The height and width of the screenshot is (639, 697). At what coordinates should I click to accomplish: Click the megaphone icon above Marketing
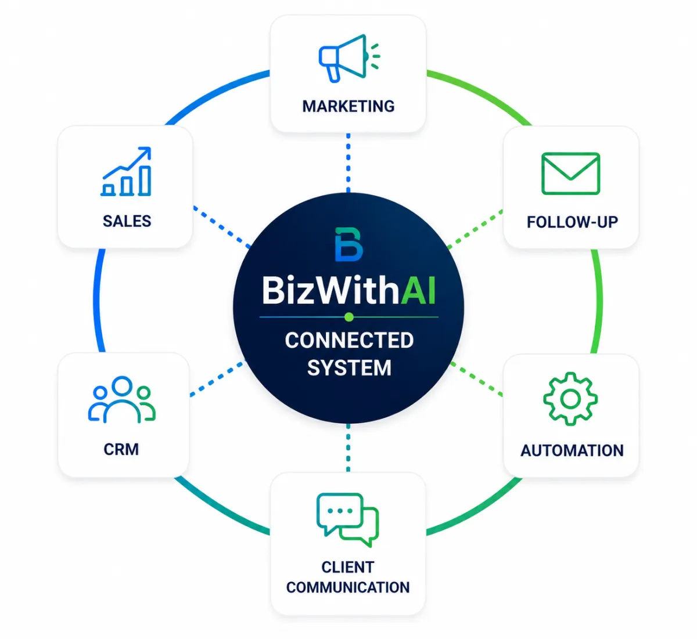[x=348, y=58]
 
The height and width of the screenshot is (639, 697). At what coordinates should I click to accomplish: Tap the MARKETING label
[x=348, y=106]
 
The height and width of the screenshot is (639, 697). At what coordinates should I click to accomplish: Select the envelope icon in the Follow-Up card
[x=570, y=174]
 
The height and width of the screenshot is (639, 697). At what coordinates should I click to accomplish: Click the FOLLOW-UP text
[x=572, y=222]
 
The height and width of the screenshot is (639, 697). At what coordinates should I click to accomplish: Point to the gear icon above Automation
[x=570, y=399]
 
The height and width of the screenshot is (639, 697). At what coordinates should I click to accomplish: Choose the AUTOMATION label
[x=572, y=450]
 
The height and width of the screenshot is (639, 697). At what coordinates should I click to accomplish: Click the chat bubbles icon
[x=347, y=520]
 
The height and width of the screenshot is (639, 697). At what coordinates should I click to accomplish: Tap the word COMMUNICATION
[x=348, y=587]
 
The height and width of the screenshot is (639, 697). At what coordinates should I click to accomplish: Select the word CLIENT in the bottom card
[x=347, y=567]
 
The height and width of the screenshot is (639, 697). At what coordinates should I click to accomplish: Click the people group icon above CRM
[x=121, y=399]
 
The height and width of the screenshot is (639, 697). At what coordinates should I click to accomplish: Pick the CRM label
[x=121, y=449]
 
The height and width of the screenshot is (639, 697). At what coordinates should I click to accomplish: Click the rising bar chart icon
[x=127, y=171]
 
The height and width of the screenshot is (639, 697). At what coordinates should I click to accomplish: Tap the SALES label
[x=127, y=221]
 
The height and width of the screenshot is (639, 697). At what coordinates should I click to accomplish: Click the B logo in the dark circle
[x=348, y=244]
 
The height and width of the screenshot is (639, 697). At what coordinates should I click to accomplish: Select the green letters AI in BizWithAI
[x=418, y=290]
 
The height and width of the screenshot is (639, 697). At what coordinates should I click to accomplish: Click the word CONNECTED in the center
[x=349, y=340]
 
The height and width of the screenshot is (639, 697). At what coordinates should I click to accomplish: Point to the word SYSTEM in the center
[x=349, y=368]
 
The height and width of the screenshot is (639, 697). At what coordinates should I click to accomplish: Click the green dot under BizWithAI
[x=349, y=317]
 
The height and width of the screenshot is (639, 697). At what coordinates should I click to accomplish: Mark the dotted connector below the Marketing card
[x=348, y=163]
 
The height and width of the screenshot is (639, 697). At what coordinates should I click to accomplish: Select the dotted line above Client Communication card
[x=348, y=447]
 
